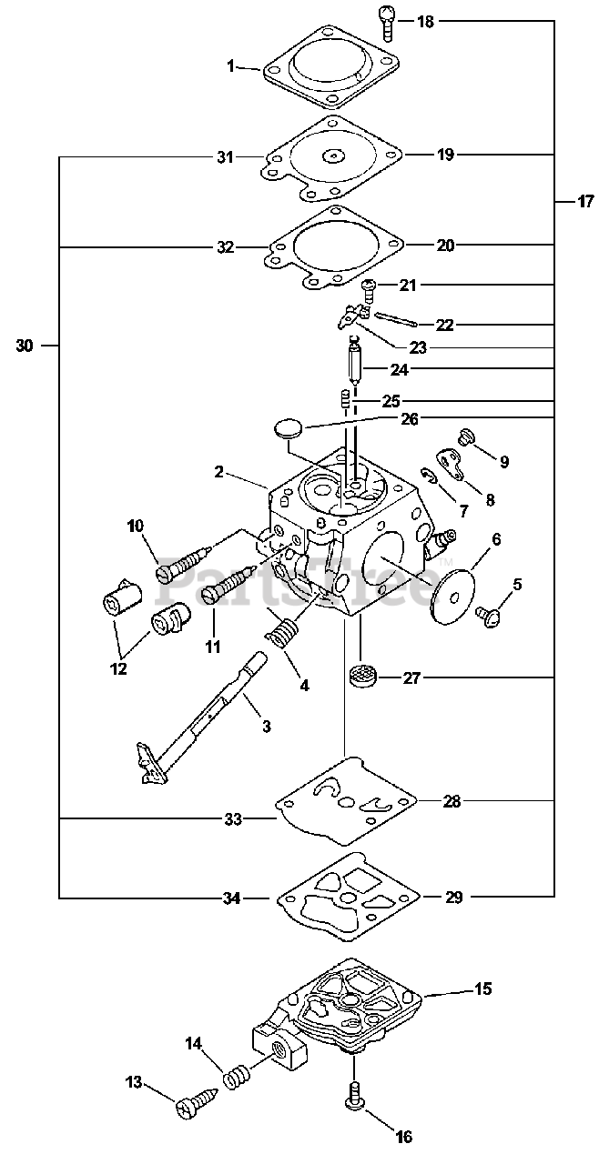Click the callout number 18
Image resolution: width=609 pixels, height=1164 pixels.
point(425,23)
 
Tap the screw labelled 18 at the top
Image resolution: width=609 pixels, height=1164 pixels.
point(387,23)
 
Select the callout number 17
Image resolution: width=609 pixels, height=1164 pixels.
point(584,202)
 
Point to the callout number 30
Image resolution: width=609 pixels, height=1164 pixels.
point(25,346)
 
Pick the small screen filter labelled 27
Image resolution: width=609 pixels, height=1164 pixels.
point(360,677)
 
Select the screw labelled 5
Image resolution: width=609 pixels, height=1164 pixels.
point(491,617)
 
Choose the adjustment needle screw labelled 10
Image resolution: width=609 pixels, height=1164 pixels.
point(183,559)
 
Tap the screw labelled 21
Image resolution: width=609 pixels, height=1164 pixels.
point(370,290)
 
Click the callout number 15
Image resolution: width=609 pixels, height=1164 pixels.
point(483,988)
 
